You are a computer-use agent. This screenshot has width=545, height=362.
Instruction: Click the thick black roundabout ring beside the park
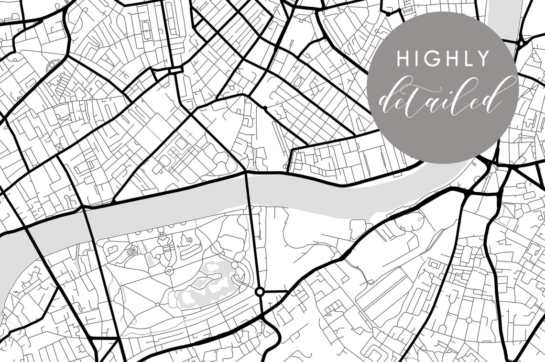pyautogui.click(x=260, y=291)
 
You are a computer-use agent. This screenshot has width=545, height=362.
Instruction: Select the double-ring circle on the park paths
pyautogui.click(x=169, y=271)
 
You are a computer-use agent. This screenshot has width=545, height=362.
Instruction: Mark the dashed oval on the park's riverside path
pyautogui.click(x=162, y=234)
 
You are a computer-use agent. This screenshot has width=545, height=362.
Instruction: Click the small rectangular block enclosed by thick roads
pyautogui.click(x=175, y=70)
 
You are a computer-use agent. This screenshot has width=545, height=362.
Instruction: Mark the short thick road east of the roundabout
pyautogui.click(x=275, y=291)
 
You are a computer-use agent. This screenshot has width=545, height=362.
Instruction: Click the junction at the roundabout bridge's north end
pyautogui.click(x=246, y=171)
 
